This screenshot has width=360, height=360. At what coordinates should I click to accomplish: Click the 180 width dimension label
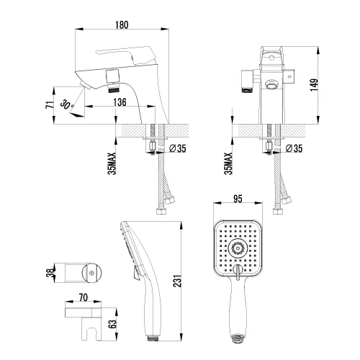[122, 25]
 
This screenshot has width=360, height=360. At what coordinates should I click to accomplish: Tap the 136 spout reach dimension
[120, 102]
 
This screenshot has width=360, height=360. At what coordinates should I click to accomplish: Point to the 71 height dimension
[50, 105]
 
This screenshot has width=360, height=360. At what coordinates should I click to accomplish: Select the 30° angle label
[67, 104]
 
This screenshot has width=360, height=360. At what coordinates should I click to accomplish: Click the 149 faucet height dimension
[314, 85]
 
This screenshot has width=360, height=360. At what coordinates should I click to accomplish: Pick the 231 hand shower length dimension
[178, 281]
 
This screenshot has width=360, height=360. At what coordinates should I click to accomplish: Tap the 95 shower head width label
[238, 199]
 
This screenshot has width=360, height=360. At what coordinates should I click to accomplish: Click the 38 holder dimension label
[50, 273]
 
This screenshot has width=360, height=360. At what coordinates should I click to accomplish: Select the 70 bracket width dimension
[83, 297]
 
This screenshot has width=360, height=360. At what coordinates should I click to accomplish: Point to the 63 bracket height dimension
[112, 324]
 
